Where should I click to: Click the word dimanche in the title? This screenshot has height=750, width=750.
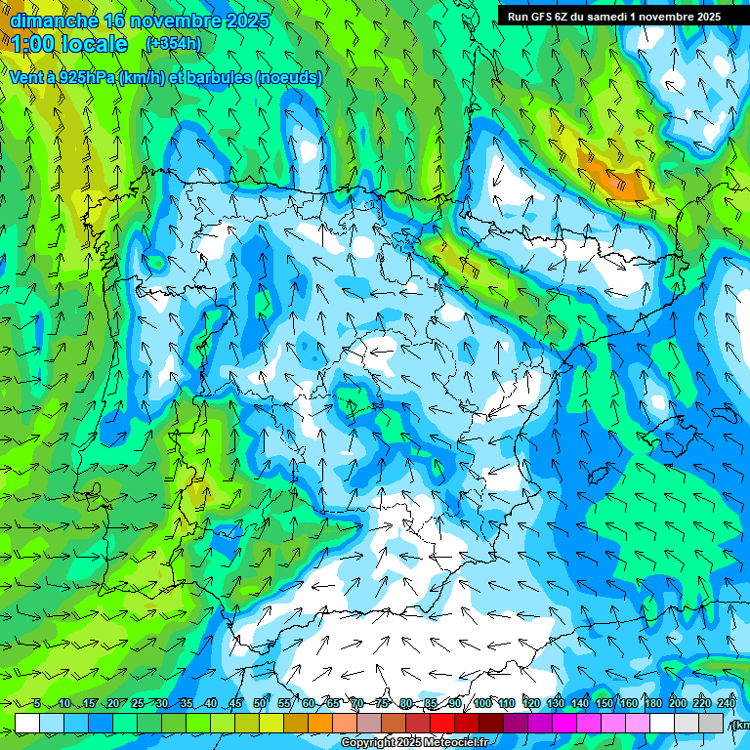pyautogui.click(x=54, y=21)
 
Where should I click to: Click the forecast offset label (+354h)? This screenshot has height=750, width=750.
pyautogui.click(x=173, y=43)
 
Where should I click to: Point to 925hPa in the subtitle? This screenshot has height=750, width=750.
pyautogui.click(x=86, y=78)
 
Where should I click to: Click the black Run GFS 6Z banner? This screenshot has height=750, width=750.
pyautogui.click(x=613, y=16)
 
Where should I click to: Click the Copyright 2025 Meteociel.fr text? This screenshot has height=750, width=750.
pyautogui.click(x=415, y=743)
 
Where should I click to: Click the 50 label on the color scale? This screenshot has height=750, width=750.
pyautogui.click(x=260, y=704)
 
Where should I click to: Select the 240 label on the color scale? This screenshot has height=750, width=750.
pyautogui.click(x=727, y=704)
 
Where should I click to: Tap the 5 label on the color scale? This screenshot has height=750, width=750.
pyautogui.click(x=37, y=704)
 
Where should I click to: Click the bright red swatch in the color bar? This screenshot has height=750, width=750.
pyautogui.click(x=442, y=723)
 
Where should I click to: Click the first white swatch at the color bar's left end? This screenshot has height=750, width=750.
pyautogui.click(x=27, y=723)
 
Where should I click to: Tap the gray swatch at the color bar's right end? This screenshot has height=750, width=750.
pyautogui.click(x=711, y=723)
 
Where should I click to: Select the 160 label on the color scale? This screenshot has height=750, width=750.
pyautogui.click(x=629, y=704)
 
